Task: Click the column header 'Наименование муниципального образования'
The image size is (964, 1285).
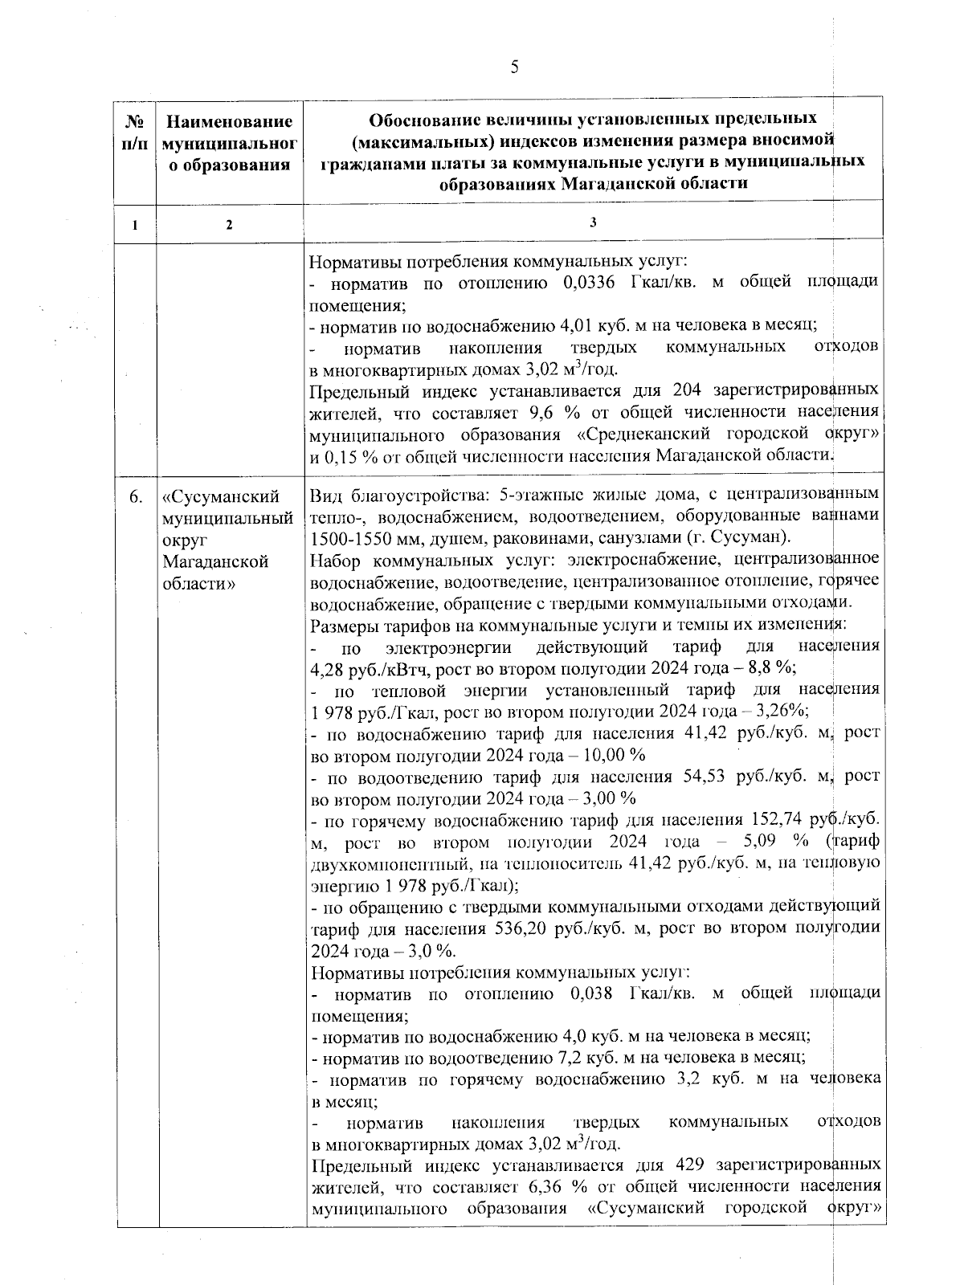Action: (x=229, y=144)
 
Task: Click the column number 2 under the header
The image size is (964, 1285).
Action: (x=229, y=226)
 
